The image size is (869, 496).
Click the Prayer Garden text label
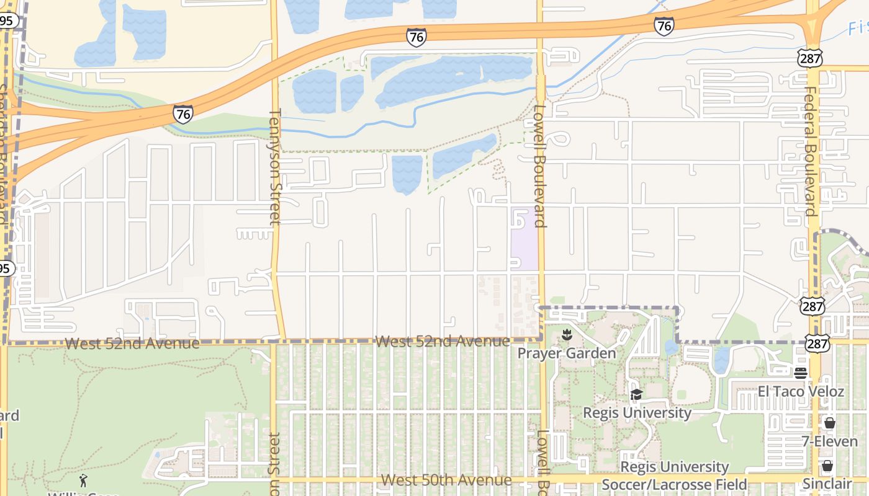(567, 353)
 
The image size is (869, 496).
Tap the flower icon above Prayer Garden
(566, 335)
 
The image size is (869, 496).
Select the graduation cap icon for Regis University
(636, 395)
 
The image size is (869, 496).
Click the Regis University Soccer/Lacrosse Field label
(674, 476)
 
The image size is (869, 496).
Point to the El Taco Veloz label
(801, 392)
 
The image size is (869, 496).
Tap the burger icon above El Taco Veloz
(801, 373)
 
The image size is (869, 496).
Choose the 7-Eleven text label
(830, 442)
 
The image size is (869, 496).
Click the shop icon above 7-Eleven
(829, 423)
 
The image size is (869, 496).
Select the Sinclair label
(827, 484)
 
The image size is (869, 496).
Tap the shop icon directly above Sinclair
(827, 466)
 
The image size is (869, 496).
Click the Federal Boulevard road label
(811, 151)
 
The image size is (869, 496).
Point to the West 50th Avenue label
(446, 480)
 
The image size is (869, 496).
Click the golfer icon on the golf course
(83, 480)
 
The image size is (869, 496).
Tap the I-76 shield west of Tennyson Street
(182, 114)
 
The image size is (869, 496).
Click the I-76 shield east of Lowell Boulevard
(664, 26)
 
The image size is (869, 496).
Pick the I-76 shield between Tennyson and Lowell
(416, 37)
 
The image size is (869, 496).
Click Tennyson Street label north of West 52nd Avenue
(275, 166)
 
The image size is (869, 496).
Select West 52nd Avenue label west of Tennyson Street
(132, 343)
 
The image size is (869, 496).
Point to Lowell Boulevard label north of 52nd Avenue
(539, 165)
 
